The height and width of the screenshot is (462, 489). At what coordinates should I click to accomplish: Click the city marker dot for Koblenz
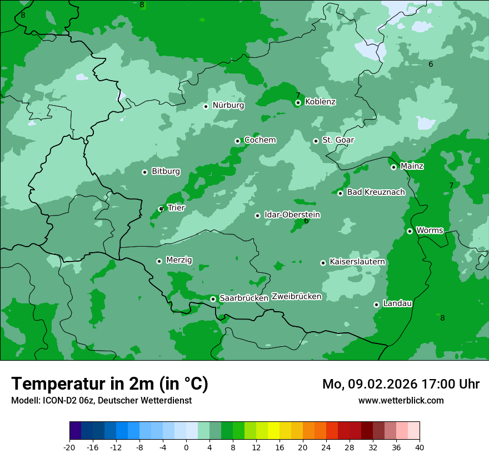click(x=298, y=102)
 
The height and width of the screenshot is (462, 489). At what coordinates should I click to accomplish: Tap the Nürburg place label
click(x=228, y=105)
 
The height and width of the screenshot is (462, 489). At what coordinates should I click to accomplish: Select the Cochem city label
click(x=260, y=140)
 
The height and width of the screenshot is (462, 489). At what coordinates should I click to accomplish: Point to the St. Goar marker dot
click(x=316, y=141)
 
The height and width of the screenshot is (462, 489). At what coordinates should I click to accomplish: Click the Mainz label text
click(x=412, y=166)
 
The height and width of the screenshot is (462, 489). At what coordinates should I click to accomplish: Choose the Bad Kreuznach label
click(x=376, y=193)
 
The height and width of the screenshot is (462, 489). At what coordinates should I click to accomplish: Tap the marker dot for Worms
click(x=410, y=231)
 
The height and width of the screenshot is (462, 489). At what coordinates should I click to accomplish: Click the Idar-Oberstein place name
click(x=292, y=215)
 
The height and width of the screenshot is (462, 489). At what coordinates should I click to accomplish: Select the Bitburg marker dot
click(x=144, y=172)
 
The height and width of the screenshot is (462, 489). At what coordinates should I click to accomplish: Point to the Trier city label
click(x=176, y=208)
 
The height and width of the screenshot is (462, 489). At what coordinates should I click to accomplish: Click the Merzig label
click(x=179, y=261)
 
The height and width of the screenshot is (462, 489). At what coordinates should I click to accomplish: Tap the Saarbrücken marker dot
click(x=213, y=299)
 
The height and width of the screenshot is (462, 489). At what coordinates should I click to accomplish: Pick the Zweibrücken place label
click(x=296, y=297)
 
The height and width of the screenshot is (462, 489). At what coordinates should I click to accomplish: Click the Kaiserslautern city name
click(x=357, y=262)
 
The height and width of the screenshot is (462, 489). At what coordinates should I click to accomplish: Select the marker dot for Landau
click(x=376, y=304)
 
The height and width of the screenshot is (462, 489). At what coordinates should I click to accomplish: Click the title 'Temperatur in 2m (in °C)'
click(x=109, y=384)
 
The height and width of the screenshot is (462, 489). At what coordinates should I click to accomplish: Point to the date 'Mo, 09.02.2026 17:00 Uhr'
click(x=401, y=384)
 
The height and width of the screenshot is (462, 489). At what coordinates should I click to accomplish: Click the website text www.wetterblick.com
click(x=401, y=401)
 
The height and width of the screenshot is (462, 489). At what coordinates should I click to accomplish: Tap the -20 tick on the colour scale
click(x=69, y=448)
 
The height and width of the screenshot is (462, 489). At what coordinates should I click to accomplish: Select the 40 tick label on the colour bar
click(x=420, y=448)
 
